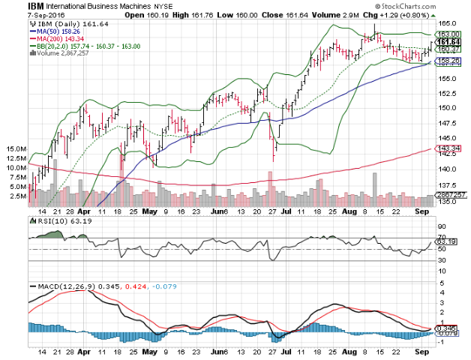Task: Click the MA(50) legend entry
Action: pos(57,31)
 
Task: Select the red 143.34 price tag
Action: pos(446,148)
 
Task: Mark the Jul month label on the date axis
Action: pos(286,212)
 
